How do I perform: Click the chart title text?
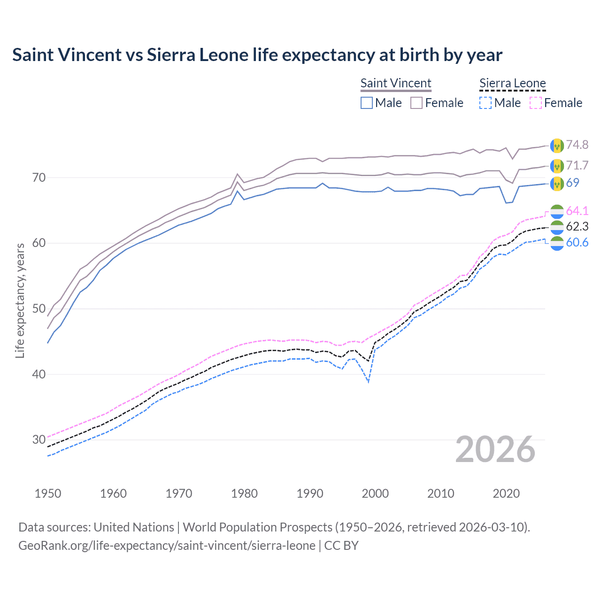[x=257, y=55]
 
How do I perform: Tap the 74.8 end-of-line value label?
[x=577, y=145]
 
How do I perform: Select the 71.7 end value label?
[x=577, y=165]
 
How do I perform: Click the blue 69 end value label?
[x=573, y=183]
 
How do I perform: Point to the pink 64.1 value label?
[x=577, y=211]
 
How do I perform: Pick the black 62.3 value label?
[x=577, y=227]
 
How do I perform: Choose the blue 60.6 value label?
[x=577, y=242]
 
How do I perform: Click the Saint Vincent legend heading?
[x=395, y=83]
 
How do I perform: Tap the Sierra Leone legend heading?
[x=512, y=83]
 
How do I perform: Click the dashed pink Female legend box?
[x=536, y=103]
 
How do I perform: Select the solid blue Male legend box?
[x=367, y=103]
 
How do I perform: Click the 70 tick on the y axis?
[x=39, y=177]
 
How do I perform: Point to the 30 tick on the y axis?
[x=39, y=440]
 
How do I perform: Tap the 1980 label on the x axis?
[x=244, y=493]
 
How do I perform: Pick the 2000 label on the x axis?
[x=375, y=493]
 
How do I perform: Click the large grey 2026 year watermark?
[x=495, y=449]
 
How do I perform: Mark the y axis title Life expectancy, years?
[x=20, y=300]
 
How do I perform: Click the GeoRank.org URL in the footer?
[x=167, y=546]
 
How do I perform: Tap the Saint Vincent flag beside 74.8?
[x=557, y=146]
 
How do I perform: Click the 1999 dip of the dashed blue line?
[x=369, y=382]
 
